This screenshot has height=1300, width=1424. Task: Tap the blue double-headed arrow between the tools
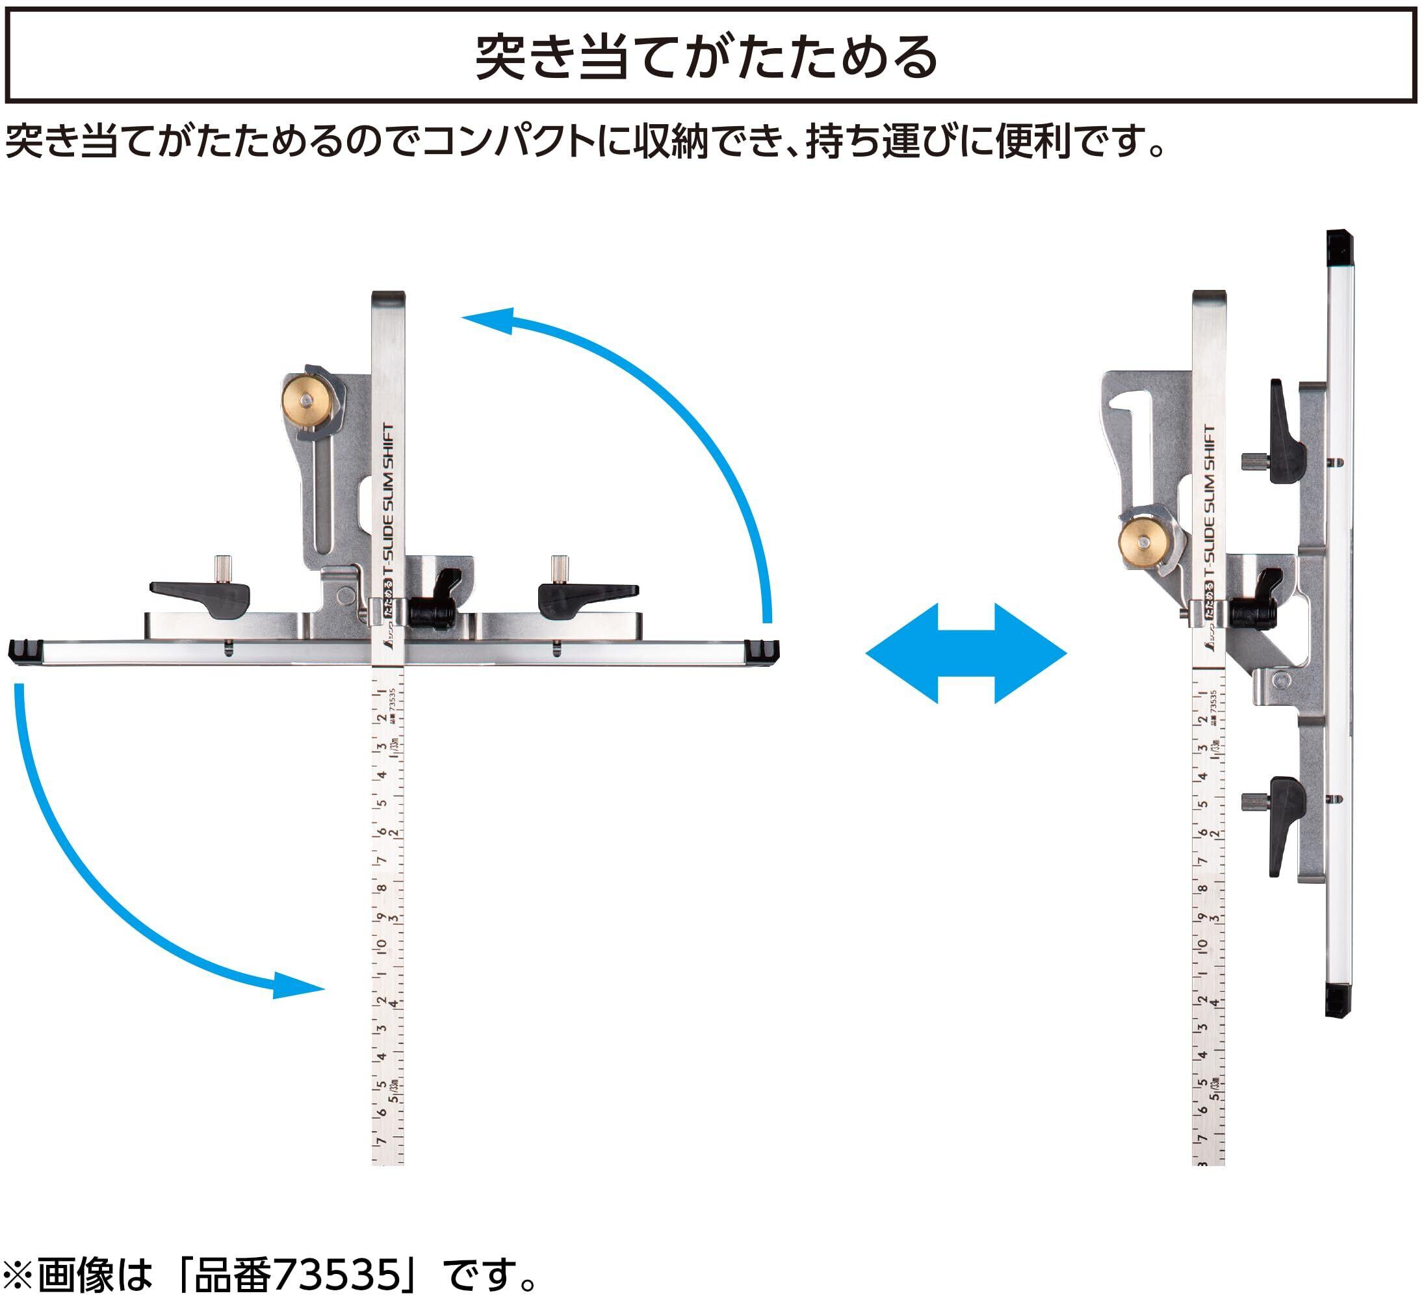pos(966,653)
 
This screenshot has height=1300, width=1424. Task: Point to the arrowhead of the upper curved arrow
pos(491,320)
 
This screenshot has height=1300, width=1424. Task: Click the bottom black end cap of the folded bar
pos(1338,1002)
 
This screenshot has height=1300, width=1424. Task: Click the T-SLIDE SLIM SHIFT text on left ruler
pos(388,501)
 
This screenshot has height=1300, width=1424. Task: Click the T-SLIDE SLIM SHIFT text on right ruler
pos(1210,502)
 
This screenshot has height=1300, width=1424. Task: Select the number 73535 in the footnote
pos(337,1275)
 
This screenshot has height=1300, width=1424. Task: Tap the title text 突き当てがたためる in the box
pos(706,57)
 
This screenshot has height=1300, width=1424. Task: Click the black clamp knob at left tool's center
pos(434,609)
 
